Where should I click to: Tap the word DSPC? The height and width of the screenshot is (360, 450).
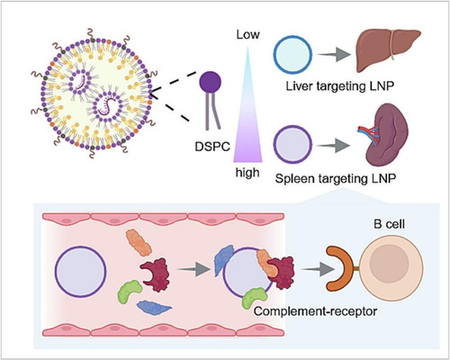point(212,147)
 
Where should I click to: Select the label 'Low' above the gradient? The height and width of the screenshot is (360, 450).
point(247,35)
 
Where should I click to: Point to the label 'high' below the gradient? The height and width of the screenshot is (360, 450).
point(247,173)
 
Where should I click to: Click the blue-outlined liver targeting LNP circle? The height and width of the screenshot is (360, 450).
point(292,55)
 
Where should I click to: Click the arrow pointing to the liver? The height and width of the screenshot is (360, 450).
point(334,55)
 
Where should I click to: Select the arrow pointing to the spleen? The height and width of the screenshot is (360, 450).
point(333,146)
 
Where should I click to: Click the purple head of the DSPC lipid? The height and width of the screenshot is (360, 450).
point(211,82)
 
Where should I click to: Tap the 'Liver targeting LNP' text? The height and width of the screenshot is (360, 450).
point(339,86)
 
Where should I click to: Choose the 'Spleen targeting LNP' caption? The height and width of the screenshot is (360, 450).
point(336,178)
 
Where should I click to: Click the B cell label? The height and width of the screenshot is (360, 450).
point(389,224)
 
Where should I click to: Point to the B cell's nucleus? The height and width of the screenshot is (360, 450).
point(389,263)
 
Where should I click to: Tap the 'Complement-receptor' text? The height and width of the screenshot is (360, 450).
point(315,311)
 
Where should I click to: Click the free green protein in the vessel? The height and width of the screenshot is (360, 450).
point(130,292)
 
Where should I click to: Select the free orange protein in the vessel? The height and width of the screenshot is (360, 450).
point(139,242)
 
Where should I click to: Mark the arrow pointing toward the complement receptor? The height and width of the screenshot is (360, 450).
point(318,268)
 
